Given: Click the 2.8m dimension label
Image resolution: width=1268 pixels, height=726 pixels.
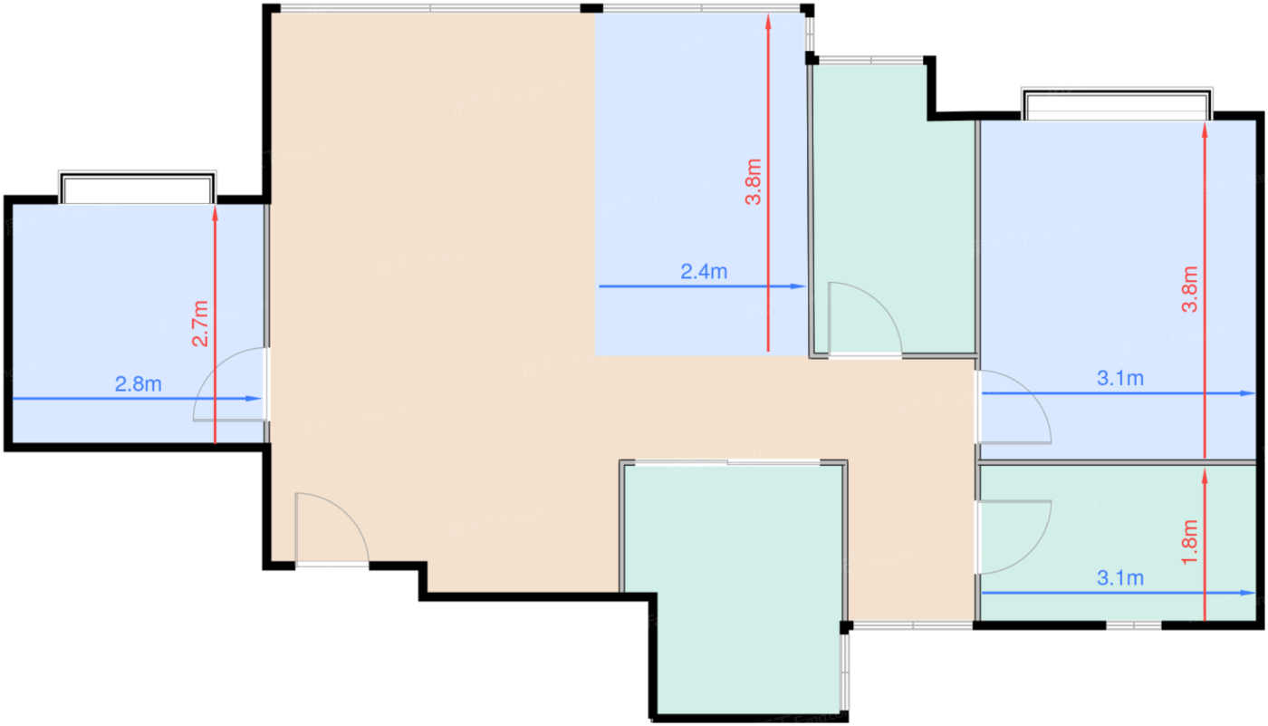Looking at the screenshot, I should pos(139,384).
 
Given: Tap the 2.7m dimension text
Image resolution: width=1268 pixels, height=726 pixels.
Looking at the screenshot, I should pos(200,324).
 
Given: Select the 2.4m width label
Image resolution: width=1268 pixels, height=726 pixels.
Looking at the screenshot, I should pos(704,271).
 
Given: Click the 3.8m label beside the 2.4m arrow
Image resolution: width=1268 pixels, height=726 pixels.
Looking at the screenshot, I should pos(754,181).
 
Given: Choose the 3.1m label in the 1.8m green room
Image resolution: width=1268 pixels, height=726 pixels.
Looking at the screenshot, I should pos(1120,578).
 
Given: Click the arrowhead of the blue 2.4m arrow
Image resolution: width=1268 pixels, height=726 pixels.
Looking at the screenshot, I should pos(800,286).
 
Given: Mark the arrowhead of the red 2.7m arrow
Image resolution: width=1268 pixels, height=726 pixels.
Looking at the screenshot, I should pos(216,212).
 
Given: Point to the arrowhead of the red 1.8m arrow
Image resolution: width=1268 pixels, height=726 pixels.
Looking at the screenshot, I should pos(1206,474).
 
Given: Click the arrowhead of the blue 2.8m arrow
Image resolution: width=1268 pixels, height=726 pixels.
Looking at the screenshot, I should pos(256,399).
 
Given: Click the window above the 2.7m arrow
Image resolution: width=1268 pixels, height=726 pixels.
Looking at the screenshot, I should pos(137,188).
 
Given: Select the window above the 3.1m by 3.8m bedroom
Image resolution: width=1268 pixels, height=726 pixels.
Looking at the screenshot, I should pos(1116,104).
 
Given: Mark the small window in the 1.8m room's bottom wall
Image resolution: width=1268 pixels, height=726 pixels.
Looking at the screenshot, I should pos(1134,625).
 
